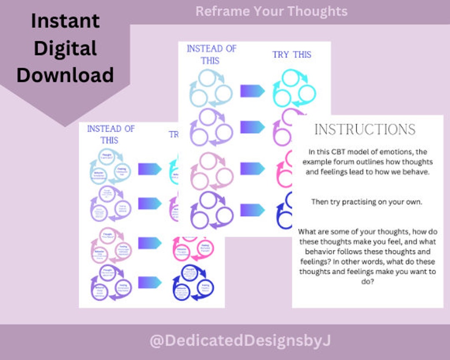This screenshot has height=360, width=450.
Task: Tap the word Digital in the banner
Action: click(65, 48)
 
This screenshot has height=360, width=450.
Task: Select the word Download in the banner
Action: click(65, 75)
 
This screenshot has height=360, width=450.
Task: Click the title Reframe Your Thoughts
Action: click(272, 11)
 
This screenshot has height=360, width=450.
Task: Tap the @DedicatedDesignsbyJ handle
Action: click(240, 341)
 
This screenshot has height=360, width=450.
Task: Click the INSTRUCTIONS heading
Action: click(365, 130)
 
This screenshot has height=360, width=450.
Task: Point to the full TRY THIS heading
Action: click(292, 55)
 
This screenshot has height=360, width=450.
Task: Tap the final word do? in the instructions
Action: click(367, 282)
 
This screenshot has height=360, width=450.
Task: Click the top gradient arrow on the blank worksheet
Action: click(252, 91)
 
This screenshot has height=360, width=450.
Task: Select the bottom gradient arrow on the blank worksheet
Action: click(252, 210)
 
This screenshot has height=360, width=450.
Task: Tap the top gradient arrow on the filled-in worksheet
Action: click(150, 169)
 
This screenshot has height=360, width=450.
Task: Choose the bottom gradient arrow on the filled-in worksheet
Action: click(150, 282)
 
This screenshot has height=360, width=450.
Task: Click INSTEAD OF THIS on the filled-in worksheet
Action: click(111, 135)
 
